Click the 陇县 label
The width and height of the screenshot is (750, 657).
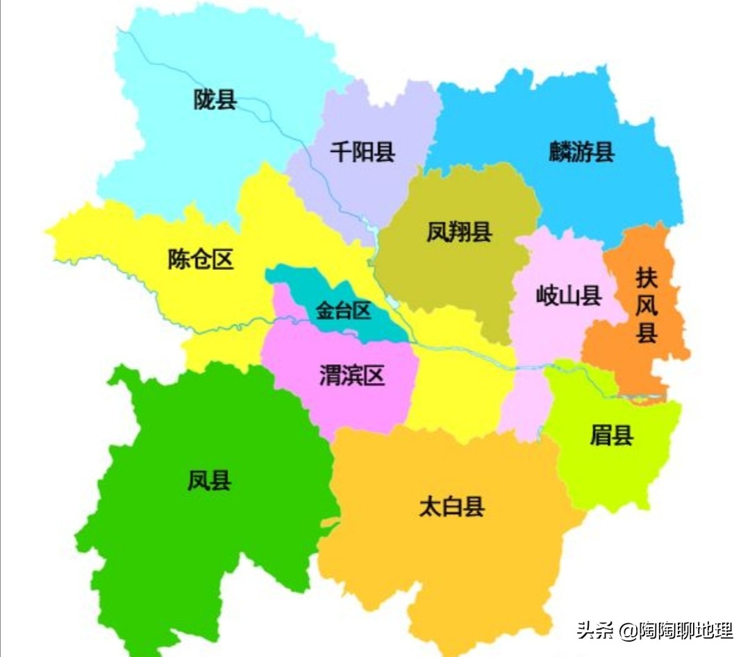(x=215, y=100)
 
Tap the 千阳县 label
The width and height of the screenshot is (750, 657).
(x=362, y=151)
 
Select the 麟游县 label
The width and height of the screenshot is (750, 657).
(x=581, y=152)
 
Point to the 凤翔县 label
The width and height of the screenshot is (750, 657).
(x=459, y=232)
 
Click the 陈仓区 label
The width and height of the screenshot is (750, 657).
(x=201, y=259)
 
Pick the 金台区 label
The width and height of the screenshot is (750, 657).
(x=344, y=310)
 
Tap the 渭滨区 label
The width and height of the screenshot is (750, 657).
(x=351, y=375)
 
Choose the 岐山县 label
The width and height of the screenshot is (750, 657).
(x=568, y=296)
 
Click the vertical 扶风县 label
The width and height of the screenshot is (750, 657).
(x=647, y=305)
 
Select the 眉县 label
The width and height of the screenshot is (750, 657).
(x=611, y=436)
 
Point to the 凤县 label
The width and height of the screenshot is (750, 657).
(x=209, y=480)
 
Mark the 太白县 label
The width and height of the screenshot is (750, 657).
(x=451, y=506)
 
